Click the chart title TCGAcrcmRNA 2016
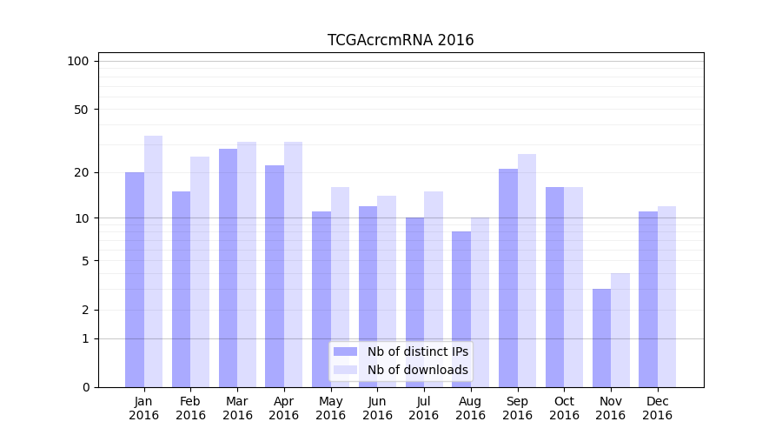click(x=401, y=40)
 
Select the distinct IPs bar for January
click(x=135, y=278)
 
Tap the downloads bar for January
click(x=154, y=261)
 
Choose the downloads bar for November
click(x=620, y=330)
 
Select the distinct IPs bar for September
click(x=508, y=278)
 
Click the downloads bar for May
click(x=340, y=286)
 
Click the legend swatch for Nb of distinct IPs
click(x=345, y=351)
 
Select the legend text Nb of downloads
click(x=418, y=370)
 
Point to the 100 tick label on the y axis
click(x=78, y=61)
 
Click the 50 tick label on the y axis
click(x=81, y=110)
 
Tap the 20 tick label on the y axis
click(x=81, y=172)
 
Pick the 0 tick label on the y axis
click(x=85, y=387)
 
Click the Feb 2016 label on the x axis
click(x=190, y=408)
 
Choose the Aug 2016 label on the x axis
click(x=471, y=408)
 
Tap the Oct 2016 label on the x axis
click(x=564, y=408)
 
